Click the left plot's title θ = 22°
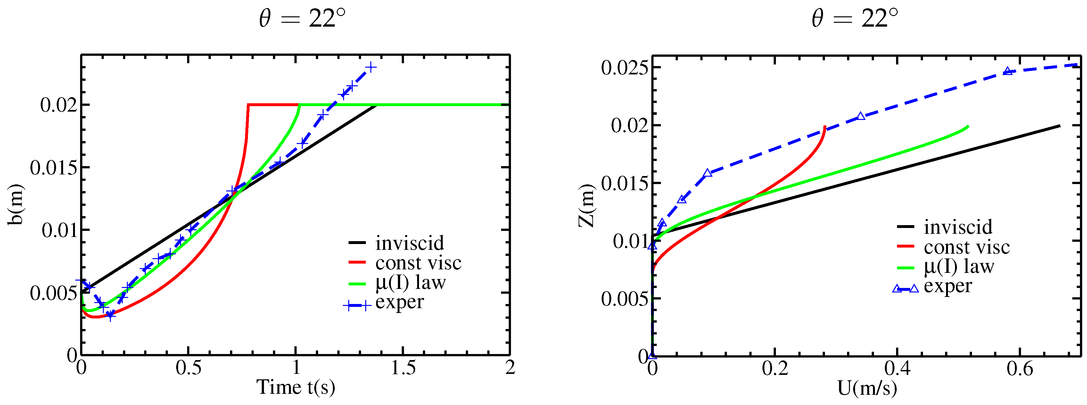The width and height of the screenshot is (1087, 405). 302,19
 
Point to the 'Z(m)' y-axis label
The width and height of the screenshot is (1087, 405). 586,205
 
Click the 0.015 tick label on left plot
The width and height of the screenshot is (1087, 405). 54,168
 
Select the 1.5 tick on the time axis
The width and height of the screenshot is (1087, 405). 403,368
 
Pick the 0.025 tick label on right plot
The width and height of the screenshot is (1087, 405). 624,68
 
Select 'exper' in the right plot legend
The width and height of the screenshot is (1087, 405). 948,286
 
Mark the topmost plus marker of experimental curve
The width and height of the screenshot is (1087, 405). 370,67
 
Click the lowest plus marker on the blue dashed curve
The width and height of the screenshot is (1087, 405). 110,315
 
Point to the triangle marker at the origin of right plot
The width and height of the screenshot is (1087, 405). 652,355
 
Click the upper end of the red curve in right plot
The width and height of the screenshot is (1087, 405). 824,126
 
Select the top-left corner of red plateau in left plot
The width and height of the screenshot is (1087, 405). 249,105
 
